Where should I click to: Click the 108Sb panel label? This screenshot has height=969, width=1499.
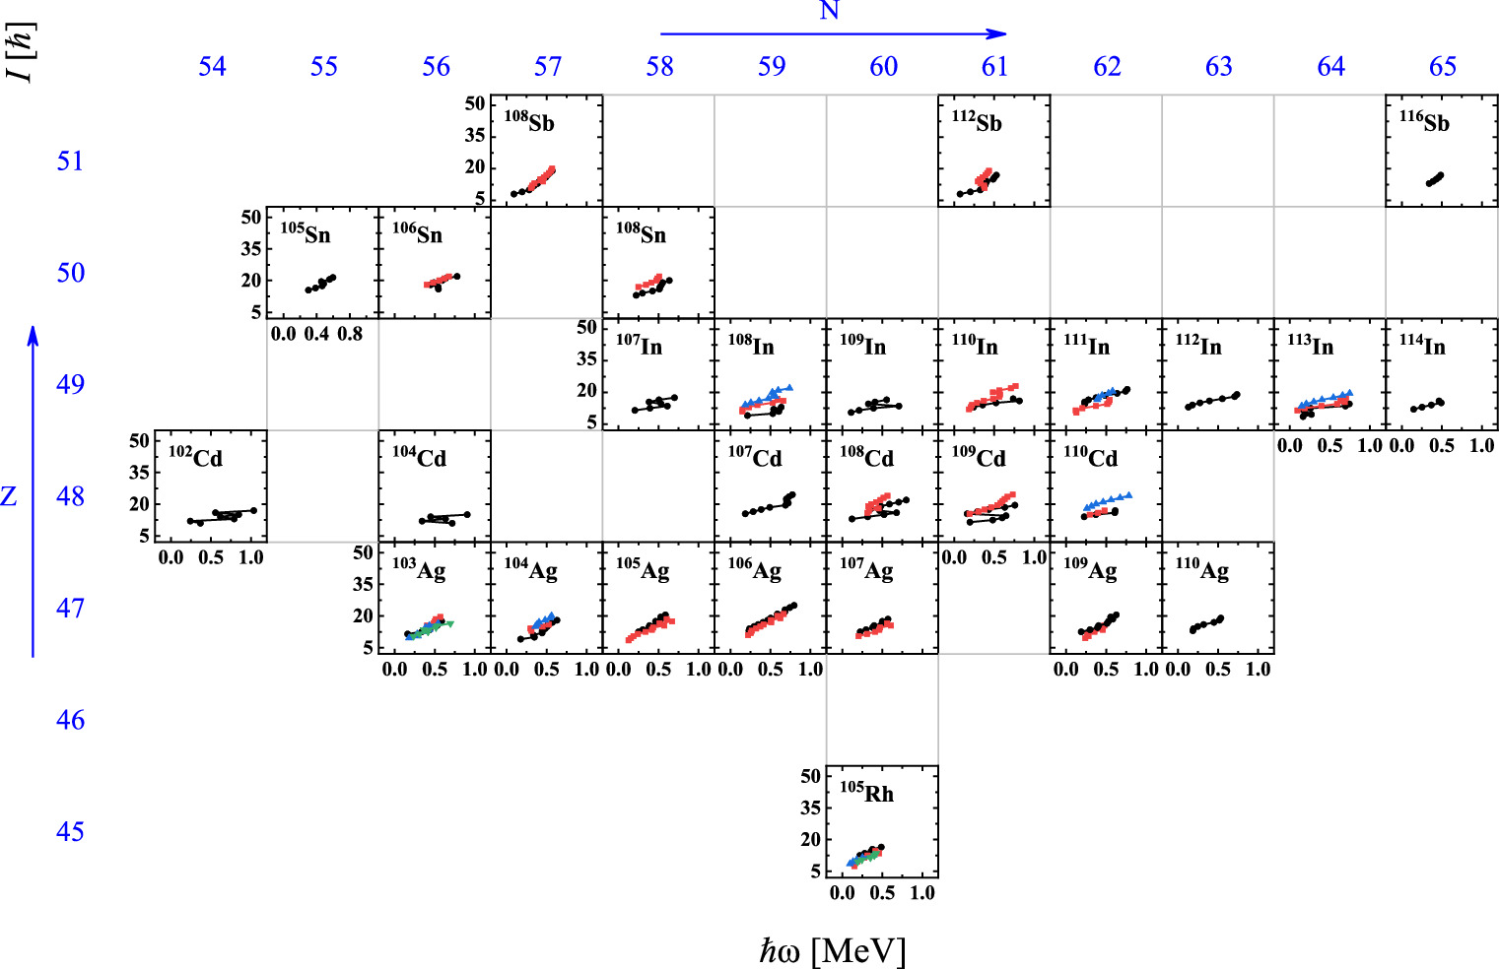pos(529,122)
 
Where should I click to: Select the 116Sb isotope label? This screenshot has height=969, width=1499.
pos(1424,122)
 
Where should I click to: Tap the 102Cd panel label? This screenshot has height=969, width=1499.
pos(195,458)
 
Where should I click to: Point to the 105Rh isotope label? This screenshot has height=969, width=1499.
pos(866,793)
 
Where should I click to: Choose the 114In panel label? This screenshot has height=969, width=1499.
pos(1422,346)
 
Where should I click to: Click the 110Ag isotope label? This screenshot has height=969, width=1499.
pos(1201,569)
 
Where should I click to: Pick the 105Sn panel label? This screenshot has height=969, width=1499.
pos(306,234)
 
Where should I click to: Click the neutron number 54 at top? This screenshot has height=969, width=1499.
pos(212,67)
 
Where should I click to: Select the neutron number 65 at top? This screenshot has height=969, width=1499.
pos(1442,67)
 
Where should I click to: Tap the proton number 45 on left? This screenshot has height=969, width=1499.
pos(70,832)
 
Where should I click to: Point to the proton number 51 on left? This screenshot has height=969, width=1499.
pos(70,161)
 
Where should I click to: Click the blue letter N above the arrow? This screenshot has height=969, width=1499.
pos(829,12)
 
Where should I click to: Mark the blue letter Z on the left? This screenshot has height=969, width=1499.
pos(9,496)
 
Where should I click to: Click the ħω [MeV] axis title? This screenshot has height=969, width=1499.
pos(832,950)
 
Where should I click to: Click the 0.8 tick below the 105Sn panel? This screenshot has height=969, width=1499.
pos(350,334)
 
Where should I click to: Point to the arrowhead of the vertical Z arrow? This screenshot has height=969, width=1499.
pos(33,335)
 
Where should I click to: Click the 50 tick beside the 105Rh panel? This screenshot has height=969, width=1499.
pos(810,776)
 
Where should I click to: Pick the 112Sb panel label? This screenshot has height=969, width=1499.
pos(977,122)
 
